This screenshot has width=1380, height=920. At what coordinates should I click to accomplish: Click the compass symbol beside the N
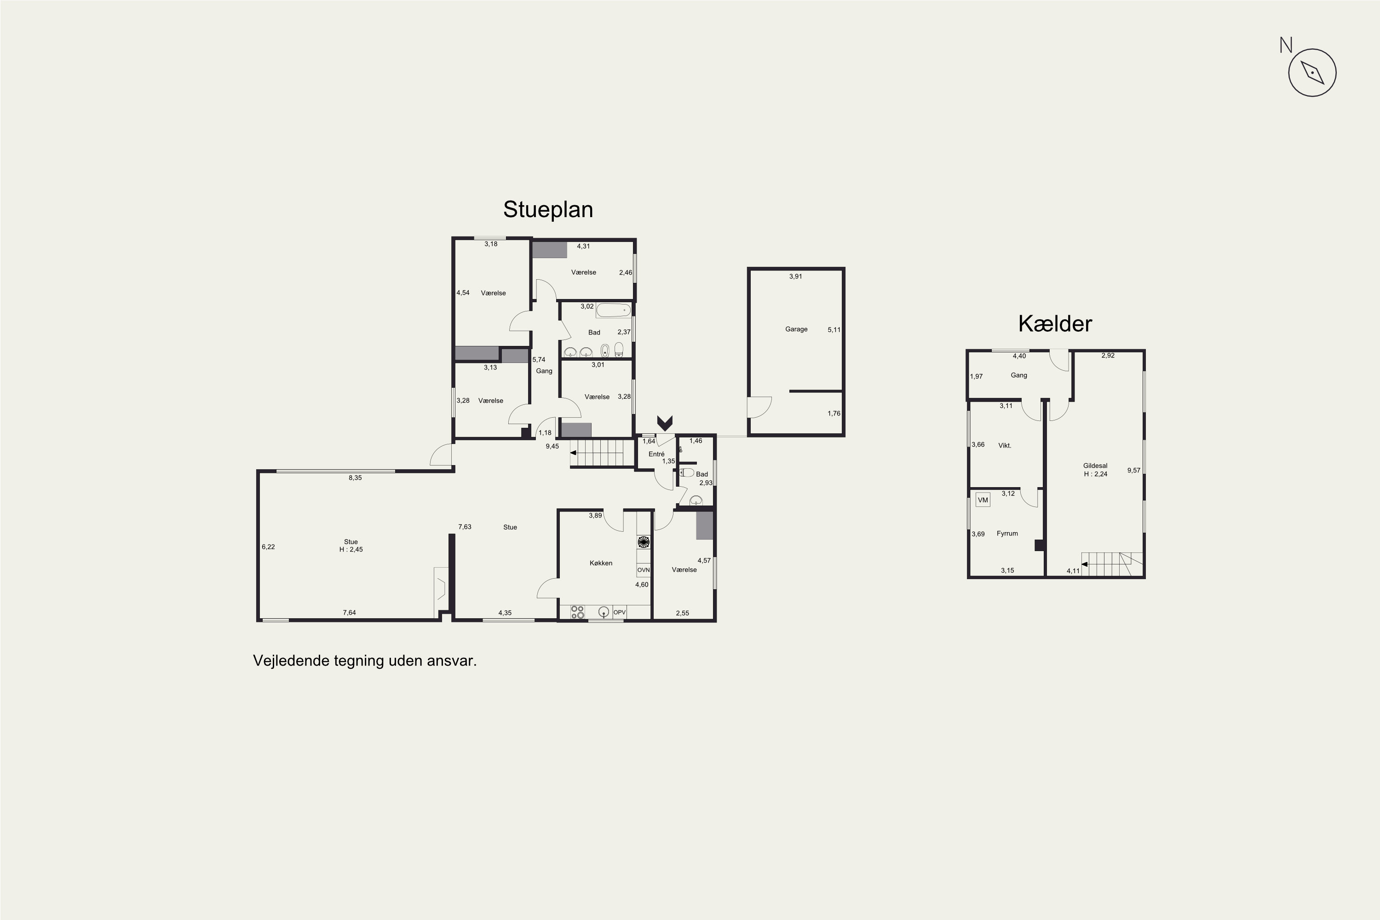click(x=1312, y=72)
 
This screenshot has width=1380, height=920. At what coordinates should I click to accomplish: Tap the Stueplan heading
click(x=548, y=209)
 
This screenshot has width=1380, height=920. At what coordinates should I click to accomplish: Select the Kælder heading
click(x=1055, y=323)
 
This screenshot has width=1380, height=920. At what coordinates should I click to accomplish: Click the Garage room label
click(x=796, y=329)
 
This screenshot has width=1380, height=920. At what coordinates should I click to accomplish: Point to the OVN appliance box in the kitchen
click(x=644, y=570)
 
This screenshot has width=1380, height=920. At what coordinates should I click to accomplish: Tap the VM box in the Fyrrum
click(x=983, y=500)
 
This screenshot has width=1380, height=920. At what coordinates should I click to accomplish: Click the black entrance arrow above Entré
click(x=665, y=422)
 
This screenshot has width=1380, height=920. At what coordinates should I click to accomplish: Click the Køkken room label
click(x=601, y=563)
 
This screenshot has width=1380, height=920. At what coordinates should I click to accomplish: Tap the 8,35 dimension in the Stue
click(x=355, y=477)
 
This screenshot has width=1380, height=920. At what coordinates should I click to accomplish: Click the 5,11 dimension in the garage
click(x=834, y=330)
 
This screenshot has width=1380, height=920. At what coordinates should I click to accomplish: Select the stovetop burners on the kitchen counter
click(x=577, y=612)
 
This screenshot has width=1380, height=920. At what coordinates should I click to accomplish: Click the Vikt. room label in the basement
click(x=1005, y=445)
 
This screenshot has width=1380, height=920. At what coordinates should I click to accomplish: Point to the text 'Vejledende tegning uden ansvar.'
click(x=364, y=661)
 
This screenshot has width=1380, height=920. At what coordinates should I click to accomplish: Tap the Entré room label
click(x=656, y=454)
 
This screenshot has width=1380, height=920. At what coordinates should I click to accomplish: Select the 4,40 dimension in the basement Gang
click(x=1019, y=356)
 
